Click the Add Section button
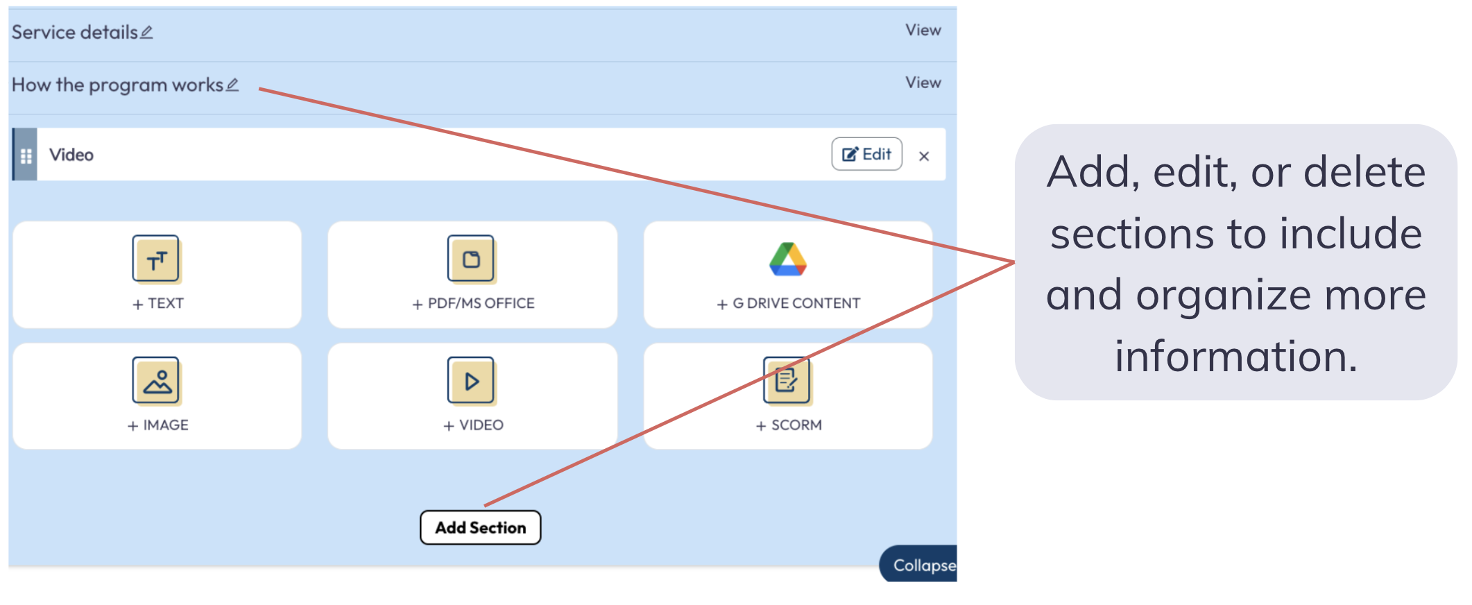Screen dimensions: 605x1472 click(x=480, y=528)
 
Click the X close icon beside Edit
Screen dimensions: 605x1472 click(x=923, y=156)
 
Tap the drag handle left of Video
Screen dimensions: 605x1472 click(x=26, y=155)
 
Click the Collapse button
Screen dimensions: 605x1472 click(x=922, y=565)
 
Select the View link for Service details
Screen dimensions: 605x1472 click(x=923, y=31)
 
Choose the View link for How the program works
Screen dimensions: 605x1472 click(x=923, y=83)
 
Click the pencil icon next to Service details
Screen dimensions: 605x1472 click(x=146, y=32)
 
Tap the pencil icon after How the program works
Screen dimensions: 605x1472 click(x=232, y=85)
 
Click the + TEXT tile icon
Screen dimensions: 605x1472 click(x=156, y=259)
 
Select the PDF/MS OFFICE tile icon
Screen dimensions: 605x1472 click(x=471, y=259)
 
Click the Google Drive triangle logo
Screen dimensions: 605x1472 click(x=787, y=259)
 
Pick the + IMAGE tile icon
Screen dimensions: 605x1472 click(x=156, y=380)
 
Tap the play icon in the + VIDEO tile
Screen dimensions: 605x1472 click(x=471, y=380)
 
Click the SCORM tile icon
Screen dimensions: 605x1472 click(x=787, y=380)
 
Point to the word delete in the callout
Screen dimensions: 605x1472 click(x=1364, y=172)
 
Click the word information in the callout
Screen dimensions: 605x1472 click(x=1235, y=357)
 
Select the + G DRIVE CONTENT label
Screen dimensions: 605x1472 click(x=789, y=303)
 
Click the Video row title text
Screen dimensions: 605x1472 click(x=71, y=155)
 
